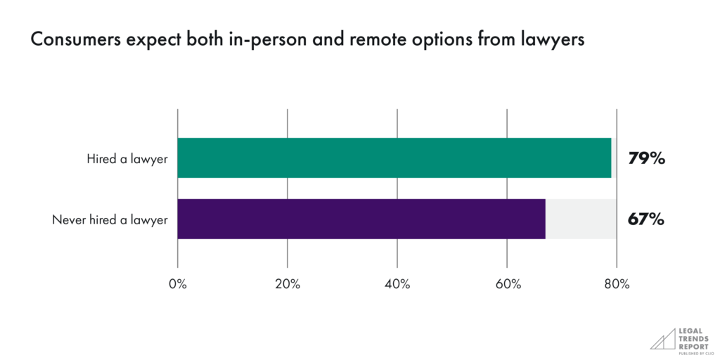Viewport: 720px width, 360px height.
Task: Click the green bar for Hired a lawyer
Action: pyautogui.click(x=394, y=158)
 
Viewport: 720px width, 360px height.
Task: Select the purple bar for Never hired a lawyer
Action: pyautogui.click(x=361, y=219)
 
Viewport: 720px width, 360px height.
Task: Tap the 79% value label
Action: pyautogui.click(x=646, y=159)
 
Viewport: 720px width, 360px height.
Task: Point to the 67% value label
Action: pyautogui.click(x=646, y=219)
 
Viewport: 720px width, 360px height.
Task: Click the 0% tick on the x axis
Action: pyautogui.click(x=178, y=284)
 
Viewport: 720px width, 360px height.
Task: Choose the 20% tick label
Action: pyautogui.click(x=288, y=284)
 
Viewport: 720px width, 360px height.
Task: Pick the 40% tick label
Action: pyautogui.click(x=397, y=284)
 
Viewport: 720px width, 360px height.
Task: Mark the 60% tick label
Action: pyautogui.click(x=508, y=284)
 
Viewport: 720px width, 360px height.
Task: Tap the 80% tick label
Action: pyautogui.click(x=617, y=284)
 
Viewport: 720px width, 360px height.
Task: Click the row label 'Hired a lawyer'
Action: pyautogui.click(x=127, y=159)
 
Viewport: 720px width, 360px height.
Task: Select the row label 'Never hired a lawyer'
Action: pyautogui.click(x=110, y=219)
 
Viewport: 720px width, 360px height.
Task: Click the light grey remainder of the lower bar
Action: pyautogui.click(x=581, y=219)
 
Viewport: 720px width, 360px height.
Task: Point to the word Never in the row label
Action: pyautogui.click(x=67, y=219)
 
